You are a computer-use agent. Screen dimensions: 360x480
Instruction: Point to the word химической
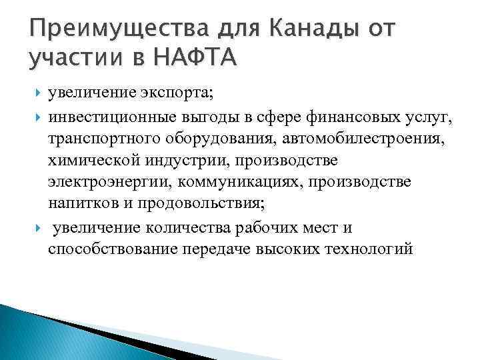pyautogui.click(x=89, y=161)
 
